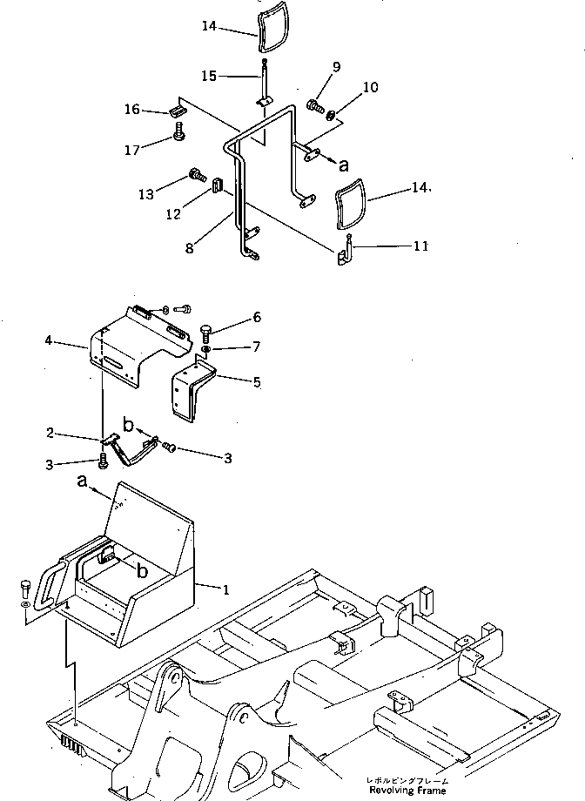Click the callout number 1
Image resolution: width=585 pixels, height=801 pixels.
tap(226, 589)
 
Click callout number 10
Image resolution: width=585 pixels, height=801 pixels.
tap(372, 87)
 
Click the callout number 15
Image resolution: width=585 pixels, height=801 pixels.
tap(207, 77)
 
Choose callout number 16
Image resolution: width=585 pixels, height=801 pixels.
tap(132, 110)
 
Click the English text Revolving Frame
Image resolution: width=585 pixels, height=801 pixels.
tap(407, 791)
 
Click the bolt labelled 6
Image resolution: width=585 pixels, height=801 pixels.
tap(206, 333)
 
